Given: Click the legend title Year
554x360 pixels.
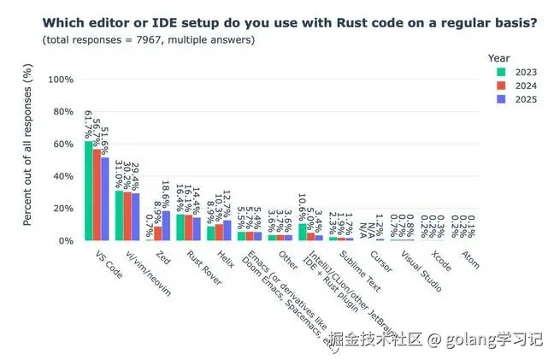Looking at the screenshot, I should coord(499,57).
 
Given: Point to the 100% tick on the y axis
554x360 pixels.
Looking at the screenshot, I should coord(60,80).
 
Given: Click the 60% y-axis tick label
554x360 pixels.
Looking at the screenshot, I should coord(62,144).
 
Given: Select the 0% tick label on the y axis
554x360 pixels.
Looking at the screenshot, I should coord(66,241).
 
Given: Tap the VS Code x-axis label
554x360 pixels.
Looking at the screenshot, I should coord(101,261).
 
